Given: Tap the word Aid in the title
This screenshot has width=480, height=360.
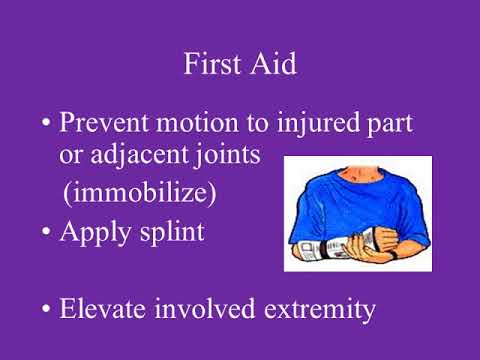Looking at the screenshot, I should click(272, 65).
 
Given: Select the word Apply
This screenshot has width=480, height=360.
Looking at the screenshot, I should click(96, 233).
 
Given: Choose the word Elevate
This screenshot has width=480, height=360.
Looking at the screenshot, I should click(103, 309).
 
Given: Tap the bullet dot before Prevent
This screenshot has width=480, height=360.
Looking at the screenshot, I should click(46, 127).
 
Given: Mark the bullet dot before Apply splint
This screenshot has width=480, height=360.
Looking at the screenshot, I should click(46, 233).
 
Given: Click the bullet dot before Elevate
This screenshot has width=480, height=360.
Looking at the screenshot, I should click(46, 309).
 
